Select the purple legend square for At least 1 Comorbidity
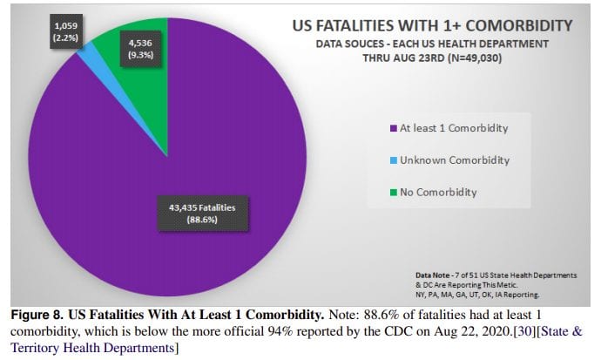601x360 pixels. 393,130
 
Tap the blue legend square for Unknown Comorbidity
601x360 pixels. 393,160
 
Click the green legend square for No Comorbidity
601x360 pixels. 393,192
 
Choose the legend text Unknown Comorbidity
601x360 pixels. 454,160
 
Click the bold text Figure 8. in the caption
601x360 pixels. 34,311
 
